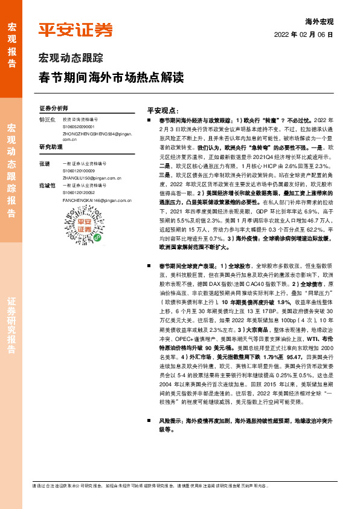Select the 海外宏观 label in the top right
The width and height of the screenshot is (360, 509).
tap(320, 21)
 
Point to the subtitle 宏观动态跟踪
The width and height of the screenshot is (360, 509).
tap(71, 59)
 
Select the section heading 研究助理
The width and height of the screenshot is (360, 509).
tap(51, 147)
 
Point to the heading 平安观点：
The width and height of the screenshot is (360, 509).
tap(163, 111)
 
